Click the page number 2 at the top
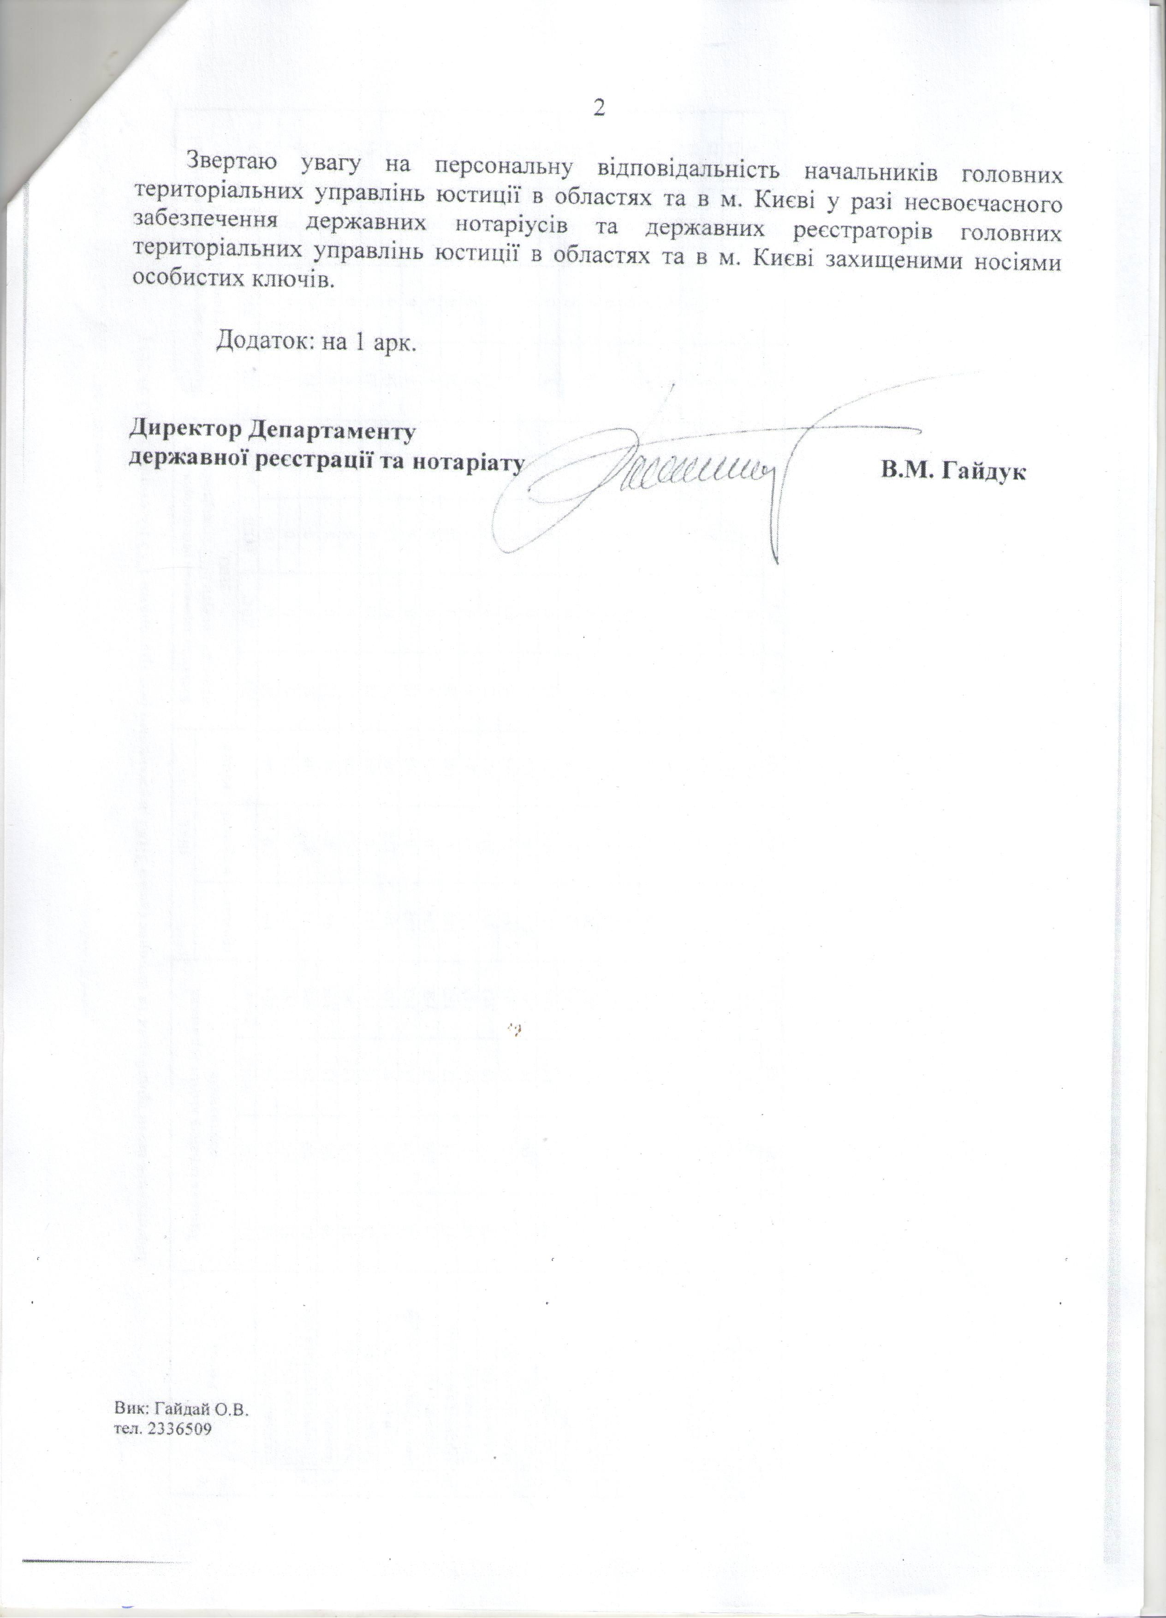(599, 107)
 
